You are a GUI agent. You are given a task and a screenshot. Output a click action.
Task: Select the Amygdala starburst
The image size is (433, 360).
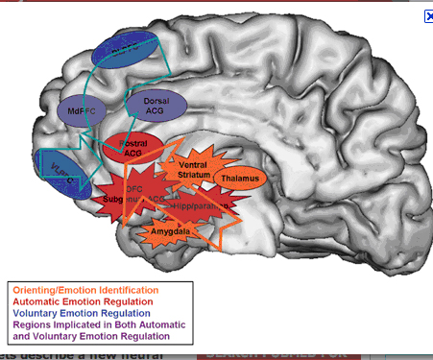[163, 231]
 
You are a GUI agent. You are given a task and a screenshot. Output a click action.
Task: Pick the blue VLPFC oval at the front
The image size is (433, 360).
[57, 173]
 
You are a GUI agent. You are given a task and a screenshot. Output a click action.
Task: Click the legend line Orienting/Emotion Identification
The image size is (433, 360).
[84, 290]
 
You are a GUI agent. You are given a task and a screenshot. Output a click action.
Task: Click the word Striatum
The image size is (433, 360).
[198, 176]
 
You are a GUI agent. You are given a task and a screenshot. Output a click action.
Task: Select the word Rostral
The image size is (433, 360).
[132, 143]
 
